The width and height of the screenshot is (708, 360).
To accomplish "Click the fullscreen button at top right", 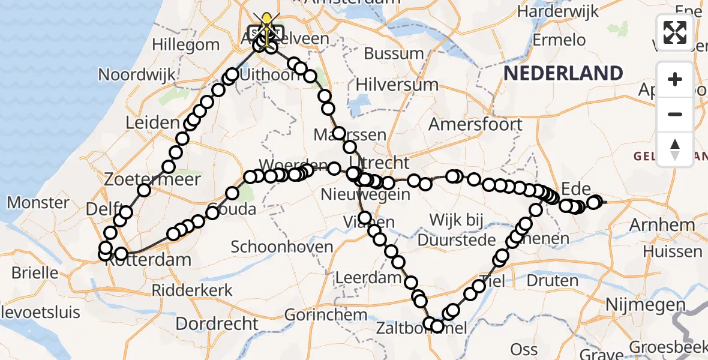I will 675,32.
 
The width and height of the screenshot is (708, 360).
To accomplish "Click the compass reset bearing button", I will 675,149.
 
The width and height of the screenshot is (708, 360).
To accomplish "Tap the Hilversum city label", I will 397,85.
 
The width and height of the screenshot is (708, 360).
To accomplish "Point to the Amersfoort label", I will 475,125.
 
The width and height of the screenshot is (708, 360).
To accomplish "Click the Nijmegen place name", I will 645,304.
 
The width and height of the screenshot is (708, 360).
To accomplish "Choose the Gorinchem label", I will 326,314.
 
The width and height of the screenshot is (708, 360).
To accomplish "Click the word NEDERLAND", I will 563,73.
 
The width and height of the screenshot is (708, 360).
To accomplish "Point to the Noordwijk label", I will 137,75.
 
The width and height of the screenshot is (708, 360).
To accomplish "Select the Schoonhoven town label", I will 282,247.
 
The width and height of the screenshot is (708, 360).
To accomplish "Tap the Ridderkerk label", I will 192,290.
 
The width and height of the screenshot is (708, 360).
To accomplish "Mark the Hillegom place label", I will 186,44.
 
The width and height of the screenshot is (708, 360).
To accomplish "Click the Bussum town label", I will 394,53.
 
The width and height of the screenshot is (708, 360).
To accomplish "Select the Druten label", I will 552,281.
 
